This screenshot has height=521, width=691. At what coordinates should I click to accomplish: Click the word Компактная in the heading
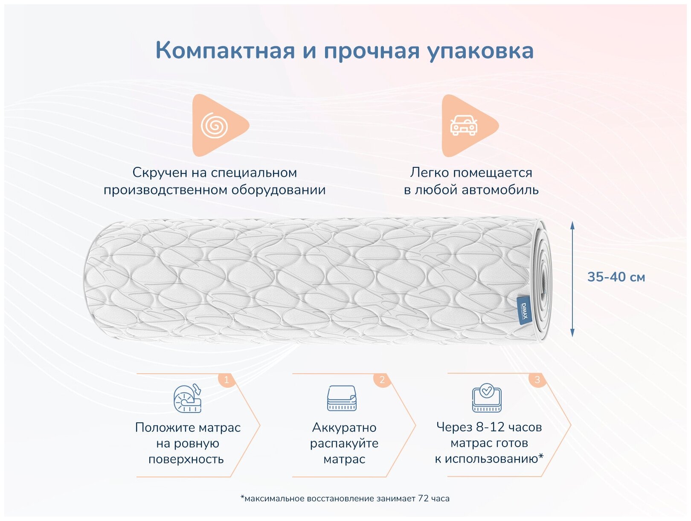click(x=225, y=50)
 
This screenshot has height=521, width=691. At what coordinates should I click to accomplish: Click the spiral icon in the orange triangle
click(x=214, y=126)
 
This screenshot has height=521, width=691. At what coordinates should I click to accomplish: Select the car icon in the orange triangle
click(x=464, y=126)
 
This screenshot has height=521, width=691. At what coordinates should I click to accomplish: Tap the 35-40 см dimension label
click(x=616, y=277)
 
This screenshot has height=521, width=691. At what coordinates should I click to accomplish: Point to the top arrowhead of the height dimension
click(x=572, y=225)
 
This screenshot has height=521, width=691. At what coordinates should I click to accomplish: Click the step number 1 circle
click(x=226, y=380)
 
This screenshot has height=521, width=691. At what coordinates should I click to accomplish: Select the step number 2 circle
click(x=382, y=380)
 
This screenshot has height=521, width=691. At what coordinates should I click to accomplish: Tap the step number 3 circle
click(x=537, y=380)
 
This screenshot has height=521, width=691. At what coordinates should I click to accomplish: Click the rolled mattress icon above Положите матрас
click(x=187, y=398)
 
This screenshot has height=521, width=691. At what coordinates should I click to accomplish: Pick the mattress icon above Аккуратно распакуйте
click(x=342, y=398)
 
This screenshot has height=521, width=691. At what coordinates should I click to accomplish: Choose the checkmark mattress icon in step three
click(x=487, y=398)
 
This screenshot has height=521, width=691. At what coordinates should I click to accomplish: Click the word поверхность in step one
click(x=186, y=460)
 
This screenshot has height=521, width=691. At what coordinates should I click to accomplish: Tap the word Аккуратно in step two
click(x=344, y=427)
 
